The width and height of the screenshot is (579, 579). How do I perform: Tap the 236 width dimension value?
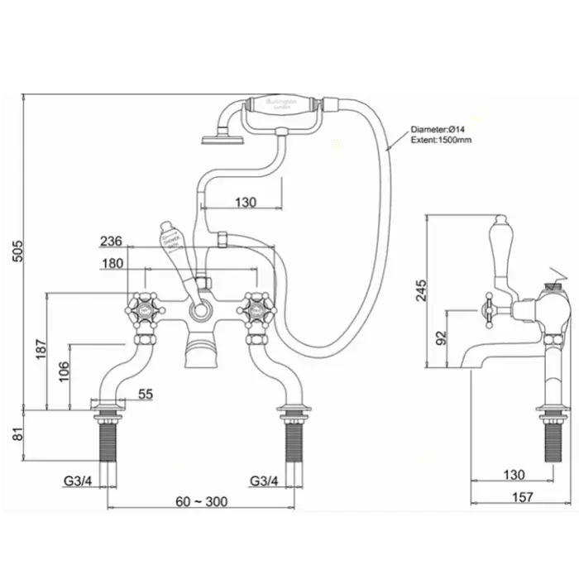point(111,242)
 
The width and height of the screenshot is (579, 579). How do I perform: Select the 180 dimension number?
point(112,264)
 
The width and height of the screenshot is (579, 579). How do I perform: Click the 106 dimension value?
point(64,375)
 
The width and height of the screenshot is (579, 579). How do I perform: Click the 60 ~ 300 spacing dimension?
point(202,501)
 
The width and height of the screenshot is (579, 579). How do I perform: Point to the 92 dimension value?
point(442,337)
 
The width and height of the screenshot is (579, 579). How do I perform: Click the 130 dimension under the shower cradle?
point(246,202)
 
